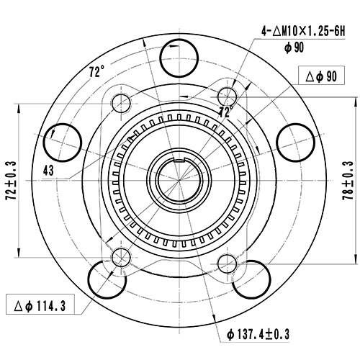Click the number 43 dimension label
click(49, 170)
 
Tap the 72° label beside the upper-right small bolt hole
click(226, 112)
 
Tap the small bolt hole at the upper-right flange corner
click(227, 96)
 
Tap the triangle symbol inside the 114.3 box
click(17, 306)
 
